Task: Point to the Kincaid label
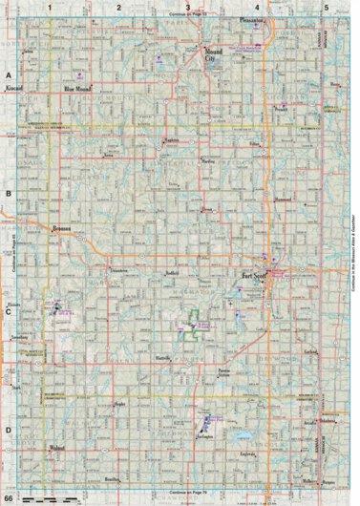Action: tap(14, 87)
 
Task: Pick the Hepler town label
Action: tap(119, 406)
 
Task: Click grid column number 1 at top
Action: tap(48, 7)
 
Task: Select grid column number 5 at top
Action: tap(327, 7)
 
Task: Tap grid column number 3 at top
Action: tap(174, 7)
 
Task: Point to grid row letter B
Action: tap(9, 192)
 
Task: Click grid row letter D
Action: tap(9, 429)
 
